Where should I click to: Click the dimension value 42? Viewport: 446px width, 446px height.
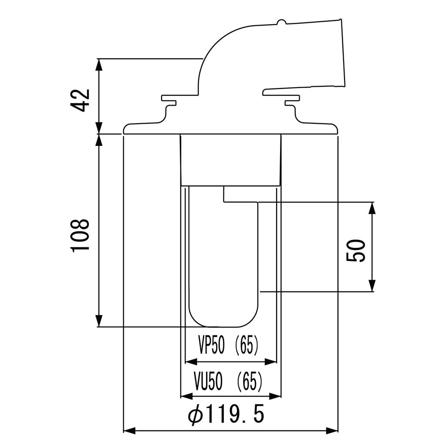80,100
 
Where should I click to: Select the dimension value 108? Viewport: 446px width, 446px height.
80,235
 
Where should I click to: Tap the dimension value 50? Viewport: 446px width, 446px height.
355,250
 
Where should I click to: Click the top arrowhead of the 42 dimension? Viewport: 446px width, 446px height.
99,65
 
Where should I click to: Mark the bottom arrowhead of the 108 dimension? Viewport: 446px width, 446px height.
99,321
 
